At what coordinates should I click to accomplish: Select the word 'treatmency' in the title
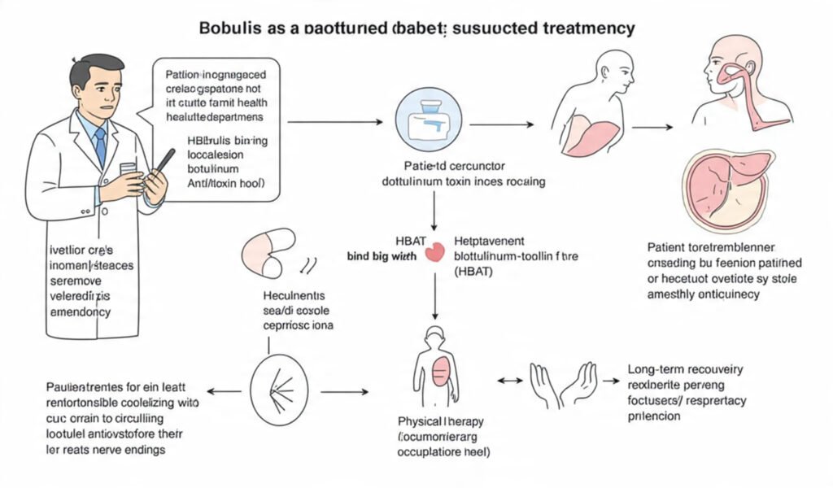click(587, 28)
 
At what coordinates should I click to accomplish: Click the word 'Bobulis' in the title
click(231, 28)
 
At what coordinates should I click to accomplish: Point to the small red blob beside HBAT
click(436, 253)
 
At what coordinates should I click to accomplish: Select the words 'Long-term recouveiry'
click(685, 369)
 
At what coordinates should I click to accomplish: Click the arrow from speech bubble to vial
click(334, 123)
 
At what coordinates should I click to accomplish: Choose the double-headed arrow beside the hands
click(509, 381)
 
